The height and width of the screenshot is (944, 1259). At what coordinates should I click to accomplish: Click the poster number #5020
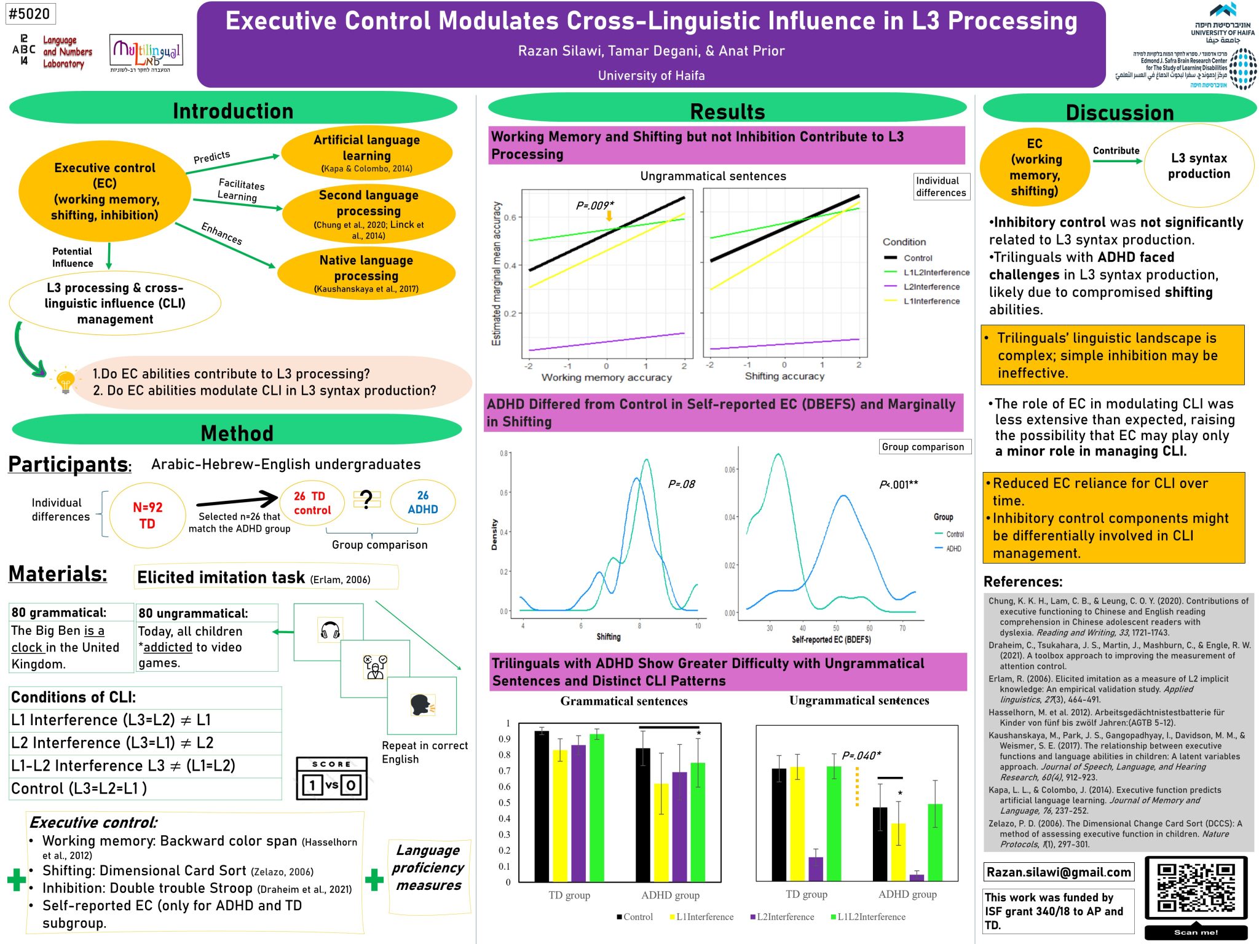click(x=30, y=14)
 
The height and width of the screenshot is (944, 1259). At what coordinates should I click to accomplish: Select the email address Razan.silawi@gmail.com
click(x=1059, y=872)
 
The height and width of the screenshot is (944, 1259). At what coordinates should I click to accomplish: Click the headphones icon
click(x=330, y=631)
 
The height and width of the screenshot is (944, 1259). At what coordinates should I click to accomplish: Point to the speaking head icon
click(x=422, y=705)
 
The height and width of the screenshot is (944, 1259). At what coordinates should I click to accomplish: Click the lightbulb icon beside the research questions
click(x=65, y=381)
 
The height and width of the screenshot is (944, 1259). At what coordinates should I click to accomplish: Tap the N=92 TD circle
click(x=148, y=516)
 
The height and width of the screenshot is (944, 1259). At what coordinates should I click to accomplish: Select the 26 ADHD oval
click(x=423, y=503)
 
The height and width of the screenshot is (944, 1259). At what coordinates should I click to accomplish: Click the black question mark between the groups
click(x=366, y=499)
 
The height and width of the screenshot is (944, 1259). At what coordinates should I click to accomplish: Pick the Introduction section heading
click(x=233, y=111)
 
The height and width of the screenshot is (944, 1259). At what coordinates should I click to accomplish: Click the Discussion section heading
click(x=1119, y=112)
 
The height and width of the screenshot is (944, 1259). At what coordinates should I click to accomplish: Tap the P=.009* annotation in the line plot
click(x=594, y=205)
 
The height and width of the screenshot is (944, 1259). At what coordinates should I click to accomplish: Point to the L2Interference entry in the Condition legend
click(x=931, y=287)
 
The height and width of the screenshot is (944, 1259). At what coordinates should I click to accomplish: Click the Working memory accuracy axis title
click(x=606, y=377)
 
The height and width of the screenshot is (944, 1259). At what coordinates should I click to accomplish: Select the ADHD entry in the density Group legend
click(x=953, y=549)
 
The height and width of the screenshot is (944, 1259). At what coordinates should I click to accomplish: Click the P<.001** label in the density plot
click(x=898, y=484)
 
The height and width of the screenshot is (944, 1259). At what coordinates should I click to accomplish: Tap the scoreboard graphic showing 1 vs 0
click(x=332, y=779)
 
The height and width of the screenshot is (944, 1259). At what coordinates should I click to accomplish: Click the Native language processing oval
click(x=366, y=273)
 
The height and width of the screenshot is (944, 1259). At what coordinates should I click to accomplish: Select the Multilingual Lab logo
click(x=146, y=53)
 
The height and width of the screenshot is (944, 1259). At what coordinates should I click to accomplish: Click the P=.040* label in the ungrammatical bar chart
click(x=861, y=755)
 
